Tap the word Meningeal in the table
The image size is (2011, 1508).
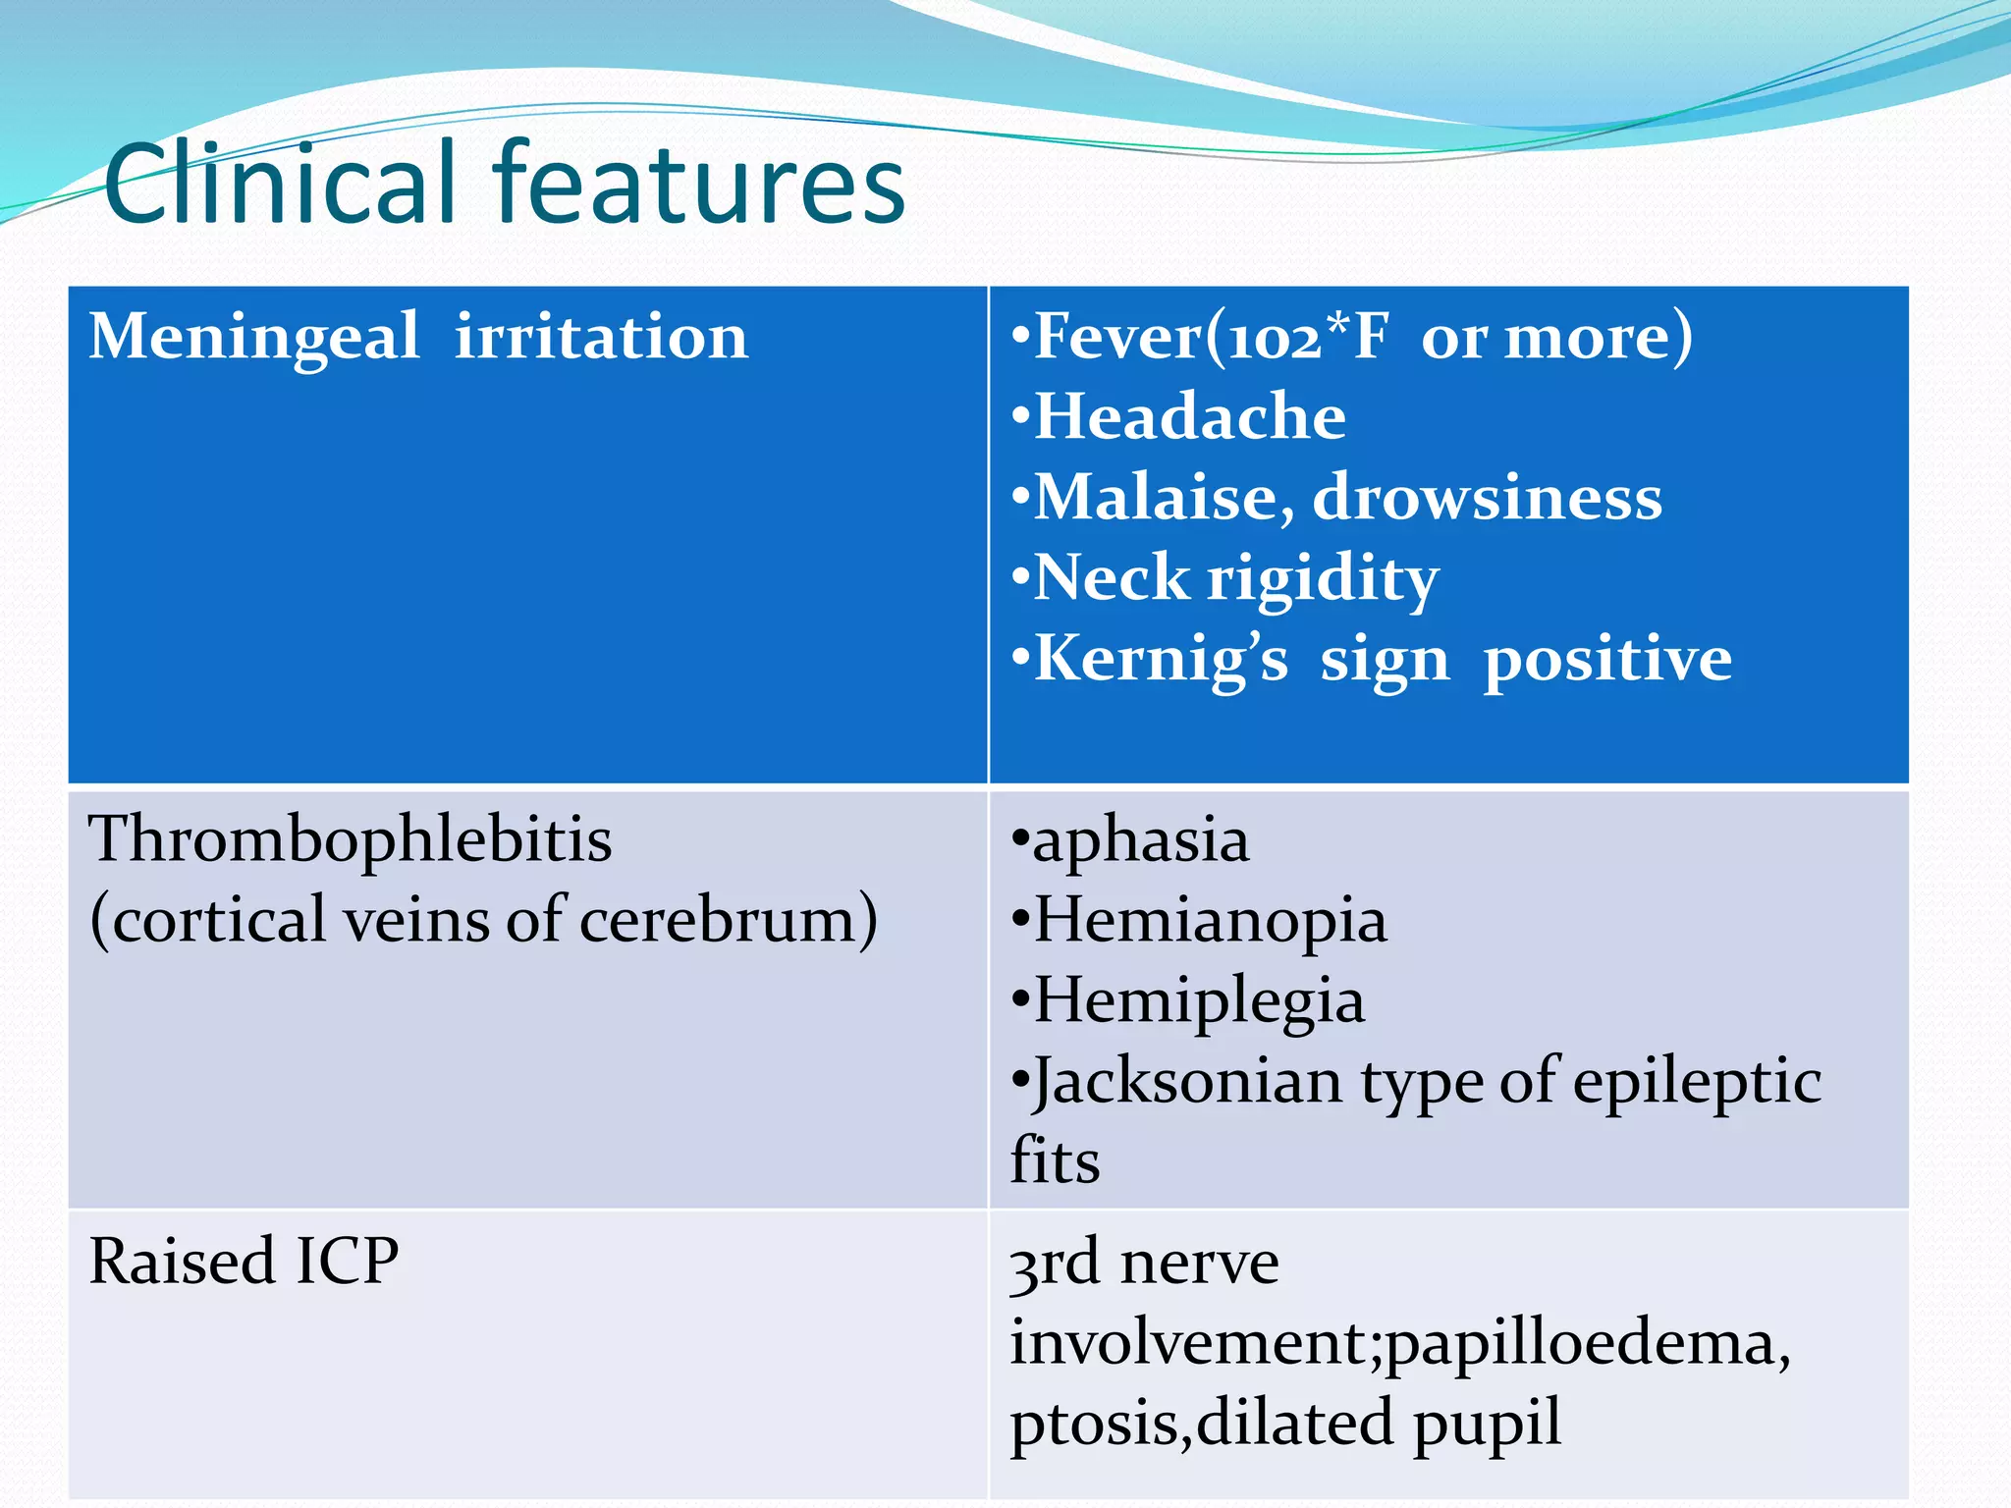tap(254, 338)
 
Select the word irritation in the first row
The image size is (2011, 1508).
tap(601, 338)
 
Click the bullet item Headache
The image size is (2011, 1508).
tap(1189, 417)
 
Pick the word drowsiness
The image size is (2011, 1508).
tap(1487, 498)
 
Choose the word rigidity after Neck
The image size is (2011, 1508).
tap(1323, 579)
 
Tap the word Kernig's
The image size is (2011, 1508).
tap(1161, 659)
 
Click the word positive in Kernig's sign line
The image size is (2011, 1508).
tap(1607, 659)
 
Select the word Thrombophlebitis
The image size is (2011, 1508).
tap(351, 840)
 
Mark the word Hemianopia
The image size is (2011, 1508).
tap(1210, 922)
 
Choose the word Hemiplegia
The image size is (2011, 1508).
tap(1199, 1002)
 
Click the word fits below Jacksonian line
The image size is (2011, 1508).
tap(1055, 1161)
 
